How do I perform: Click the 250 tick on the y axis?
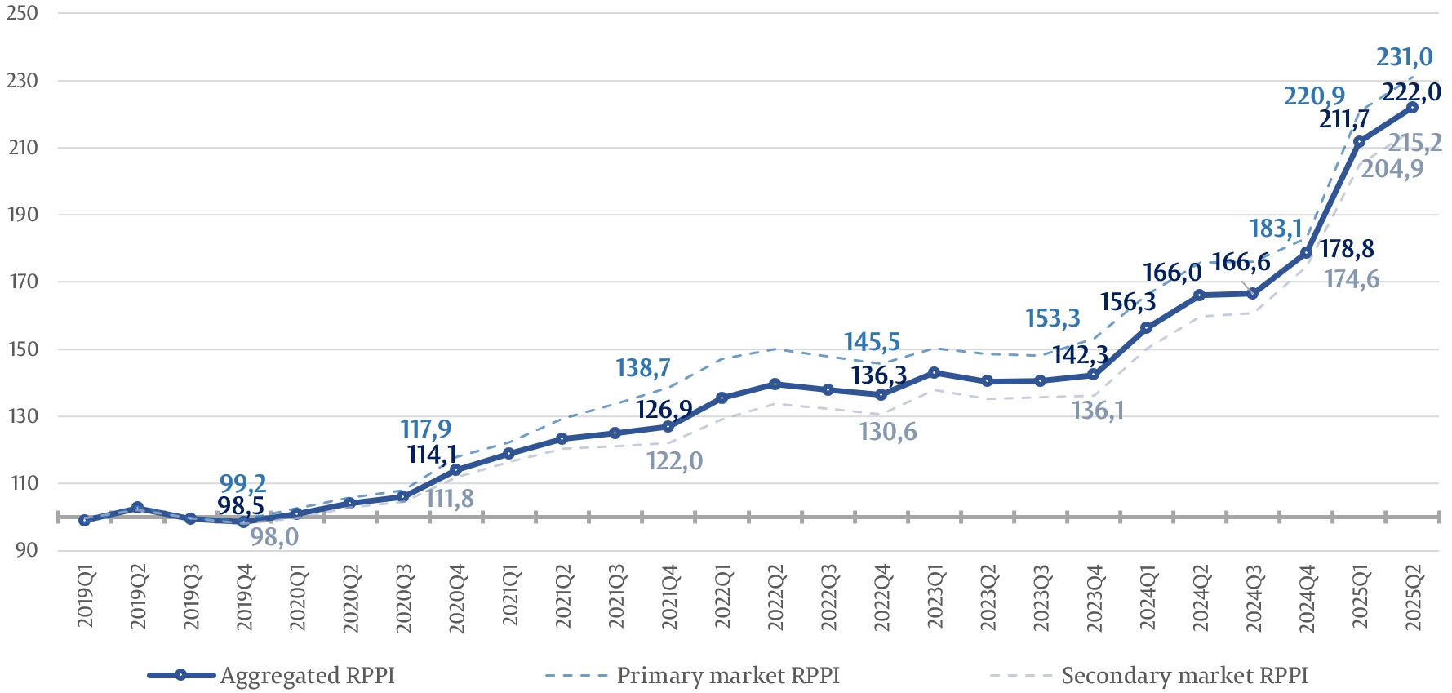point(22,13)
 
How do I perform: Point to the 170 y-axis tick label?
point(22,282)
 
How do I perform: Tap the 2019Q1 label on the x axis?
point(86,597)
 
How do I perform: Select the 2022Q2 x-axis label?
point(775,597)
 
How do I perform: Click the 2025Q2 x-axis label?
point(1413,597)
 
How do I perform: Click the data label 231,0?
point(1404,57)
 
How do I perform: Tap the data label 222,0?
point(1411,92)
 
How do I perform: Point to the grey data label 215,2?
point(1415,144)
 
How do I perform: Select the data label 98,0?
point(274,537)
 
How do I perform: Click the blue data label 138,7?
point(643,368)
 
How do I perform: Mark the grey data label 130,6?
point(887,432)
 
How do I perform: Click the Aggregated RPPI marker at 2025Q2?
point(1412,108)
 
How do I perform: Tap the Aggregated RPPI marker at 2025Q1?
point(1359,142)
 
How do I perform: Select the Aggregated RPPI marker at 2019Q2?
point(137,508)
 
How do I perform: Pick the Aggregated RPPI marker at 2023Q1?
point(935,373)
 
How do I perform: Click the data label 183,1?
point(1276,229)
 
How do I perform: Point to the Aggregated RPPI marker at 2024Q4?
point(1306,253)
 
